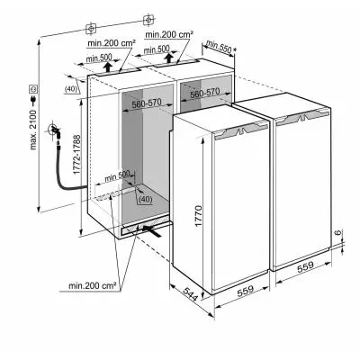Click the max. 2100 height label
point(32,130)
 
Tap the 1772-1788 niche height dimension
point(76,154)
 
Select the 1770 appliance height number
point(199,218)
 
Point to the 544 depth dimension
point(191,294)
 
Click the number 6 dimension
point(337,232)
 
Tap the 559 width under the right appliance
point(305,266)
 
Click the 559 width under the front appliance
point(246,291)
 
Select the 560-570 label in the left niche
point(147,103)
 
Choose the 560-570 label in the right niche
point(205,93)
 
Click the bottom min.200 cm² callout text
point(93,285)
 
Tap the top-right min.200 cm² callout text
point(169,35)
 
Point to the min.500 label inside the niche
point(117,176)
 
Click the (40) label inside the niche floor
point(146,199)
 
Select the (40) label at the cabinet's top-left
point(71,89)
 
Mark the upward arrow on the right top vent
point(170,58)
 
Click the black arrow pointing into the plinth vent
point(152,231)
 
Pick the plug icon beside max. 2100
point(32,100)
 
